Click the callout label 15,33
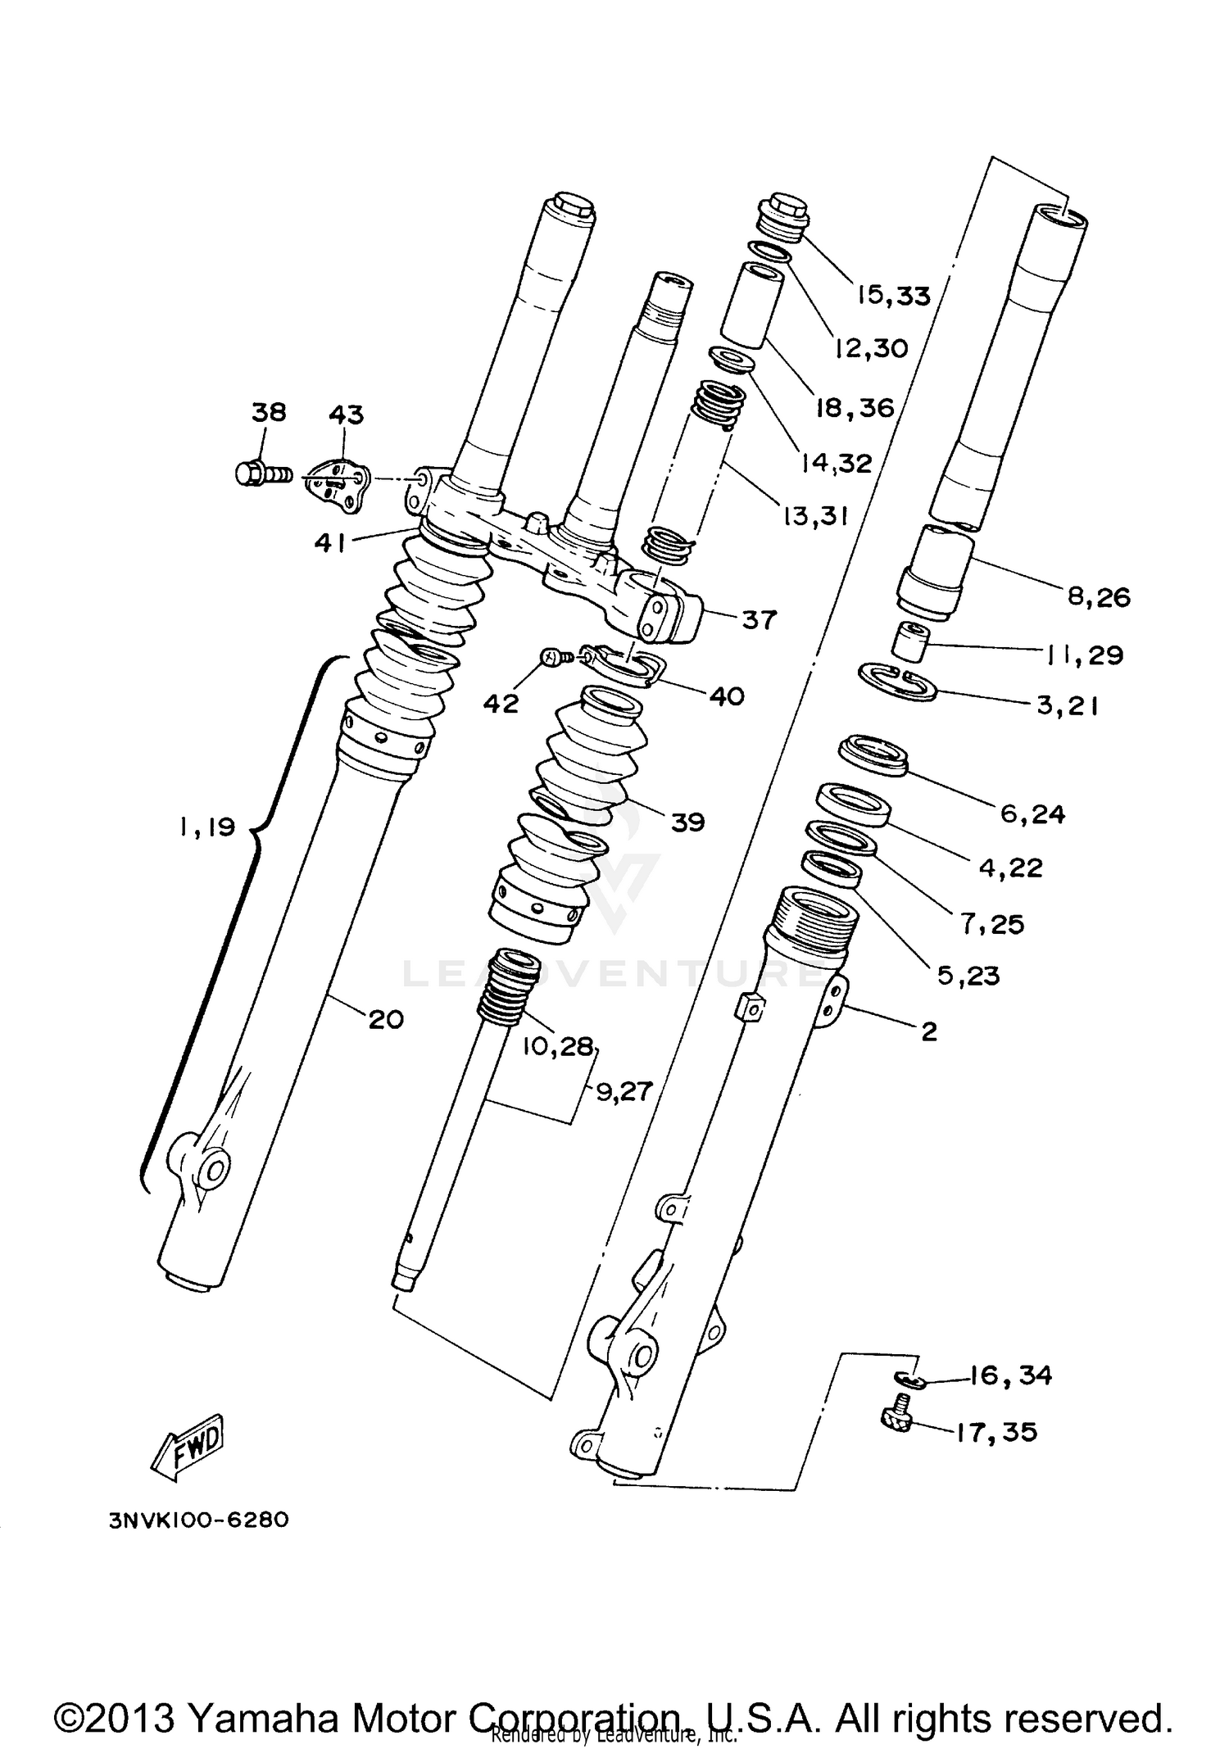pos(894,295)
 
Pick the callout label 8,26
pos(1099,596)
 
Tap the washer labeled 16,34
pos(910,1380)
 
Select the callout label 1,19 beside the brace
pos(206,827)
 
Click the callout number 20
pos(386,1019)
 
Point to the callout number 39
pos(687,822)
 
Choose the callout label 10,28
pos(556,1046)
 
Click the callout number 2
pos(928,1031)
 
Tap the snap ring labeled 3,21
pos(897,682)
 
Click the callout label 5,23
pos(968,976)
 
